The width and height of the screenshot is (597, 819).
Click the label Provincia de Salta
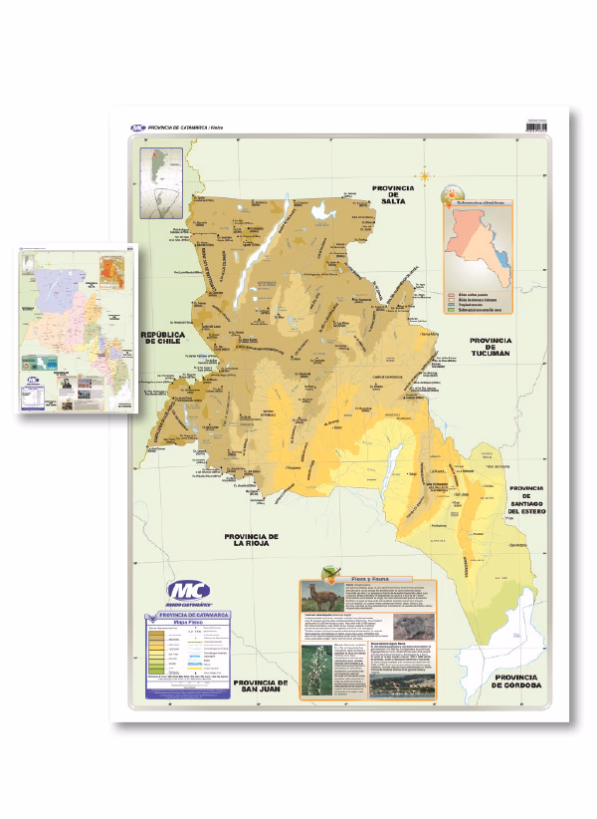(x=392, y=194)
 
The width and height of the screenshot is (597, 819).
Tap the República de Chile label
(x=164, y=339)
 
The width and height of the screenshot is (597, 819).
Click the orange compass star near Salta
(x=427, y=176)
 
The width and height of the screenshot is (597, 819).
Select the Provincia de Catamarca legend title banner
(x=188, y=616)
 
